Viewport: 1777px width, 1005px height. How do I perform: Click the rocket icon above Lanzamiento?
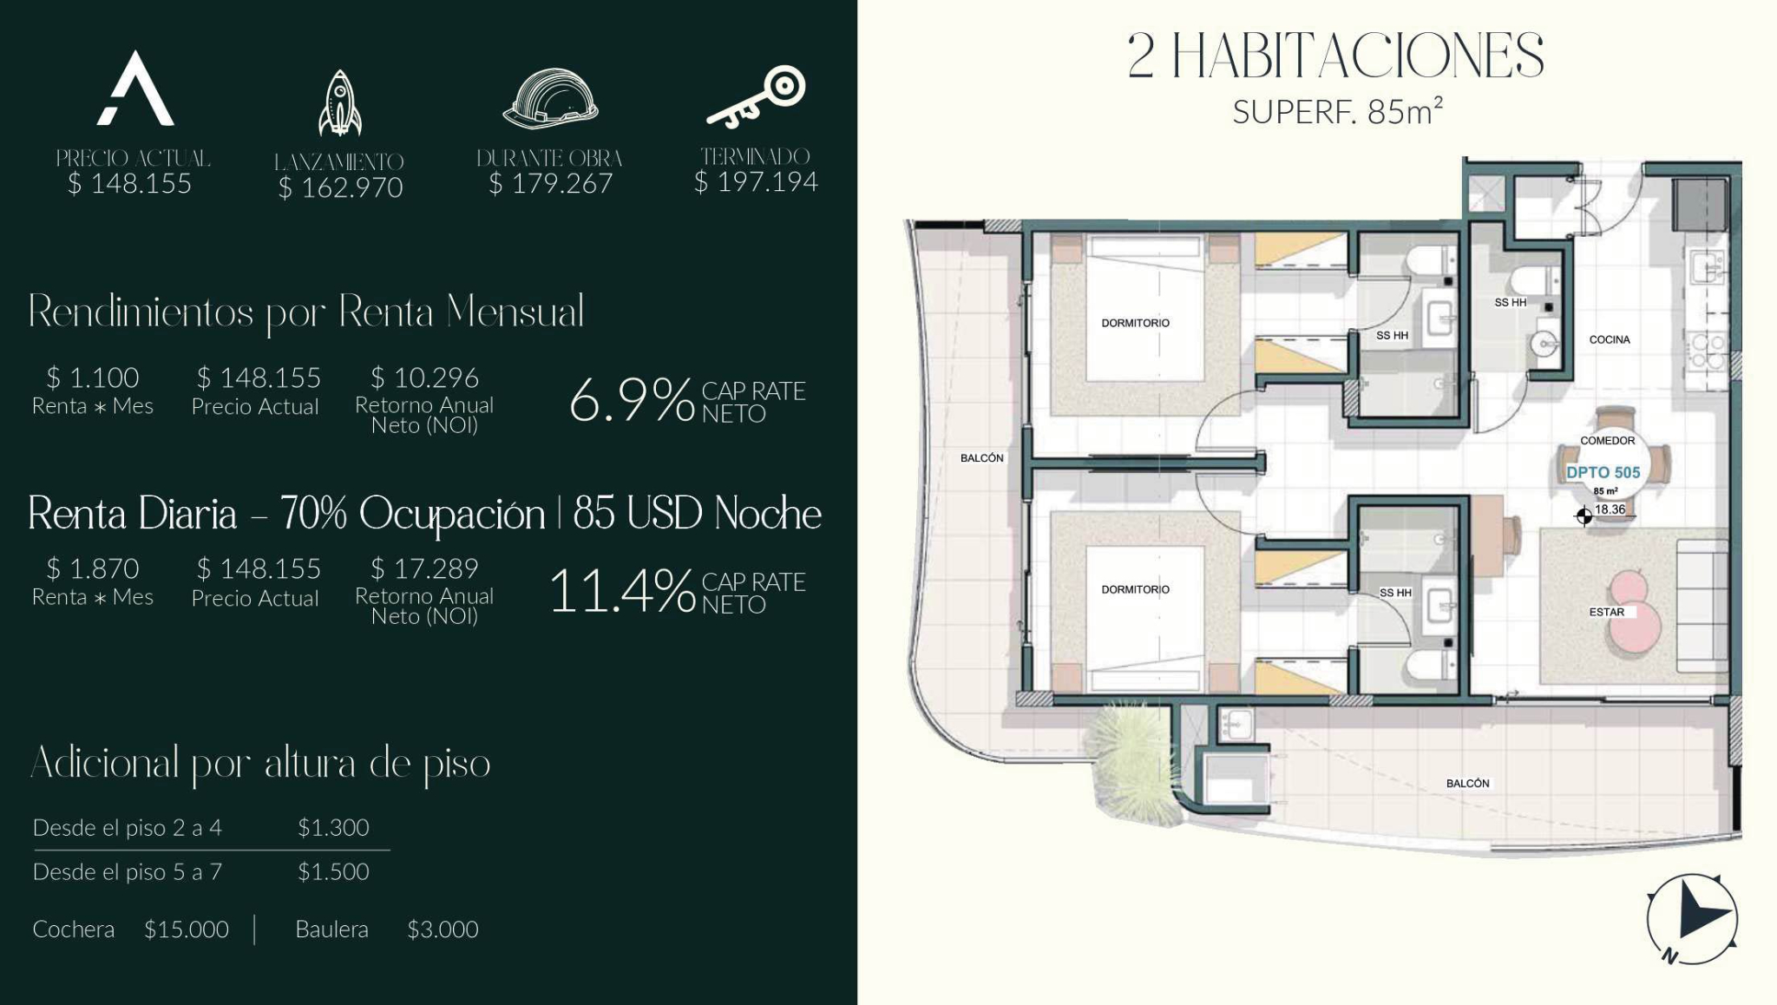click(x=339, y=103)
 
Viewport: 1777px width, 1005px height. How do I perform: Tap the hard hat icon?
click(x=550, y=98)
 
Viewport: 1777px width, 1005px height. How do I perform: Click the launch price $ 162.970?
click(x=340, y=187)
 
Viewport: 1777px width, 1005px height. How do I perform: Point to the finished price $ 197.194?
click(x=756, y=181)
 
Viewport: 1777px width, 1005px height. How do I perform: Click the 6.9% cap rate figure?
click(x=631, y=401)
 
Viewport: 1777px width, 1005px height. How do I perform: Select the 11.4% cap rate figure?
click(x=621, y=592)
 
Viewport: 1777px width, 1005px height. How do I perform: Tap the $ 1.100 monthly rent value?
click(x=93, y=378)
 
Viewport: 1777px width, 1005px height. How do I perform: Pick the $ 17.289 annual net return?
click(x=424, y=568)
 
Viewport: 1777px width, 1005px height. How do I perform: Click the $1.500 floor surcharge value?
click(x=333, y=871)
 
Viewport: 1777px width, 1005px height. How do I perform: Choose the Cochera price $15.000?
click(x=187, y=929)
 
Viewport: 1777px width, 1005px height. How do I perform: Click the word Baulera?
click(x=331, y=929)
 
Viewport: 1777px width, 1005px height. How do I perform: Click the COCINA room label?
click(x=1610, y=339)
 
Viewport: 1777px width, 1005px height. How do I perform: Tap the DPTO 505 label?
click(x=1603, y=473)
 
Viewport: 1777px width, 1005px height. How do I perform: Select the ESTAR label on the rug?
click(x=1607, y=612)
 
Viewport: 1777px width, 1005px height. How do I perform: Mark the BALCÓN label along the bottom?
click(x=1468, y=783)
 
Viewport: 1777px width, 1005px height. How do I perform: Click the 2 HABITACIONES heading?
click(x=1336, y=56)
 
